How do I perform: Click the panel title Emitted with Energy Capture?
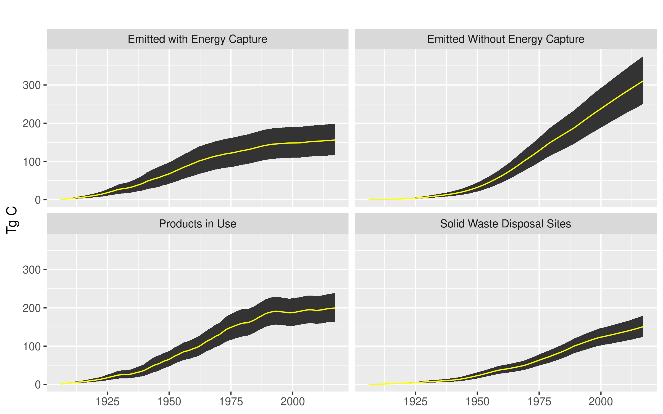tap(197, 39)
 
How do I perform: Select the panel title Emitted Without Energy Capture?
tap(506, 39)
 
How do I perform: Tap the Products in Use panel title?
tap(197, 224)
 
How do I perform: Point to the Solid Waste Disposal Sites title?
tap(505, 224)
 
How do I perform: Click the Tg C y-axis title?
tap(12, 220)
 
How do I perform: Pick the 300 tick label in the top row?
tap(31, 85)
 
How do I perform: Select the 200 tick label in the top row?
tap(31, 124)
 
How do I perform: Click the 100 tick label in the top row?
tap(31, 162)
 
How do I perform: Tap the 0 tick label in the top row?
tap(38, 200)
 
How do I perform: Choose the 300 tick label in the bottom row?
tap(31, 270)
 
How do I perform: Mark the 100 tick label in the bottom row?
tap(31, 347)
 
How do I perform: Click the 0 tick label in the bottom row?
tap(38, 385)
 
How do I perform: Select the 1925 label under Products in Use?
tap(107, 402)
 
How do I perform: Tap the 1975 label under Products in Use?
tap(231, 402)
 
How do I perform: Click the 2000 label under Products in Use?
tap(293, 402)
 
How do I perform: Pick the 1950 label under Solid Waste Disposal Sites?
tap(477, 402)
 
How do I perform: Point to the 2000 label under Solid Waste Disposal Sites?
tap(601, 402)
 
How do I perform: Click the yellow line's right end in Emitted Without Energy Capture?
tap(642, 81)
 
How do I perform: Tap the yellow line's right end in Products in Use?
tap(334, 308)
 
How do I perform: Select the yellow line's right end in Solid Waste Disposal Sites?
tap(642, 327)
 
